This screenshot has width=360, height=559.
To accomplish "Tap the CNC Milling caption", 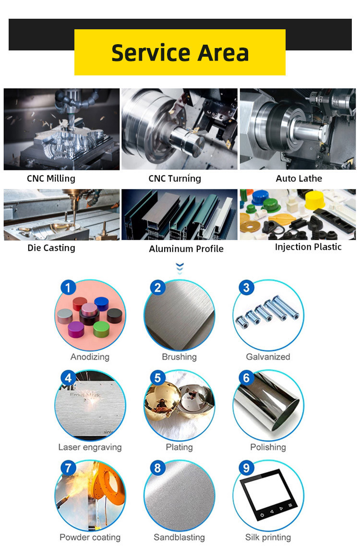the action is (51, 178).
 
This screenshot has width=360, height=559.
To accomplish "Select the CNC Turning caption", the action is (175, 178).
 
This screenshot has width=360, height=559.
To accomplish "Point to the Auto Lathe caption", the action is (299, 178).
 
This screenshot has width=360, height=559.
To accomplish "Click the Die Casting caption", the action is (51, 248).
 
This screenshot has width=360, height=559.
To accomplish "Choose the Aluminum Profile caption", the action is (186, 249).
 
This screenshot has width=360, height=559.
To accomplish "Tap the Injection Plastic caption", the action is (308, 247).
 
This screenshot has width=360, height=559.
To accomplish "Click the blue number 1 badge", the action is (68, 287).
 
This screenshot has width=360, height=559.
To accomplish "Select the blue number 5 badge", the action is (157, 378).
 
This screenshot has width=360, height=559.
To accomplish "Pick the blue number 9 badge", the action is (246, 468).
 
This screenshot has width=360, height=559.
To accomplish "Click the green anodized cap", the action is (101, 329).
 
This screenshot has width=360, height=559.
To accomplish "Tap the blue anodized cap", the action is (102, 304).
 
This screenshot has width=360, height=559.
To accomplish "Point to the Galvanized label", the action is (268, 357).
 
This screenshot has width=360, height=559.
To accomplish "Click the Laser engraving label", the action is (90, 447).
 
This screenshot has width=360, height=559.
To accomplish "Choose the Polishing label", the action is (268, 447).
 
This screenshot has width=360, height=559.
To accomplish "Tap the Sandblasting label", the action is (180, 537).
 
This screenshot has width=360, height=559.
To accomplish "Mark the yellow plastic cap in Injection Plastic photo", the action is (315, 200).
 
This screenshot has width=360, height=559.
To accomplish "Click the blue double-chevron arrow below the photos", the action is (180, 268).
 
